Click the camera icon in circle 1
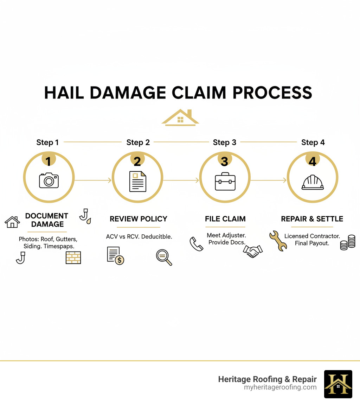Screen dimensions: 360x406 point(49,180)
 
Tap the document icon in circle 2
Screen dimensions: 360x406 point(137,181)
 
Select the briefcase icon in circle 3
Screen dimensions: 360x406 point(225,181)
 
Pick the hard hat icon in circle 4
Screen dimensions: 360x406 point(313,182)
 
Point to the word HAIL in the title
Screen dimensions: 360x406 point(63,93)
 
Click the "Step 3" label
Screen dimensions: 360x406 point(224,142)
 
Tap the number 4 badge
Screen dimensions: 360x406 point(313,161)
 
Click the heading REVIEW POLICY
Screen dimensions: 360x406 point(138,219)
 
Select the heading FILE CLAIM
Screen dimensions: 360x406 point(225,219)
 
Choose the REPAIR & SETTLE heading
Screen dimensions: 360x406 point(312,219)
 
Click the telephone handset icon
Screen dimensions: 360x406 point(196,244)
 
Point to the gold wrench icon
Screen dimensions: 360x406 point(278,241)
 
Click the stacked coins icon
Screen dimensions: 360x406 point(348,242)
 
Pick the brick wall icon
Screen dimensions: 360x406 point(73,258)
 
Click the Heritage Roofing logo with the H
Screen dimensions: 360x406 point(338,384)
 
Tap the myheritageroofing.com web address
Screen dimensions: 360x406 point(280,387)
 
